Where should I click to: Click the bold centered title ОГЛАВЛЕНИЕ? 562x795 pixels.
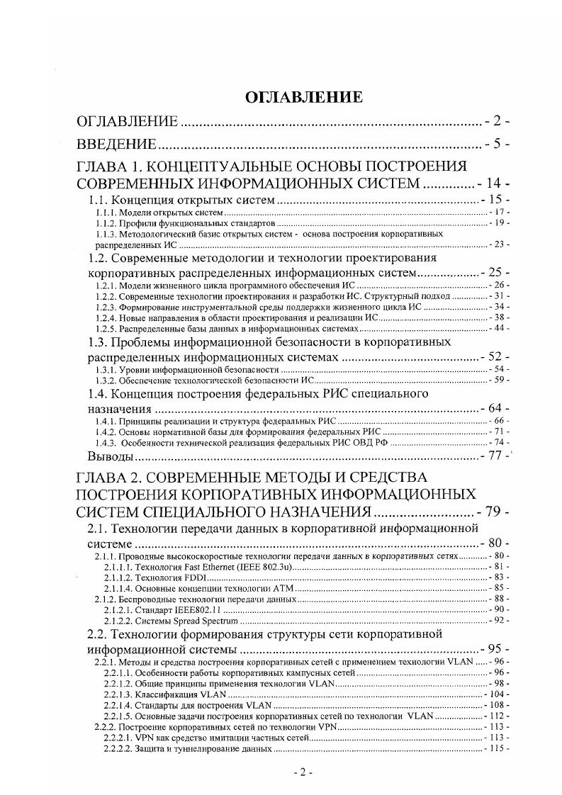pyautogui.click(x=303, y=97)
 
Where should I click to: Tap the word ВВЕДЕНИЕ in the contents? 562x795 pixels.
pyautogui.click(x=116, y=145)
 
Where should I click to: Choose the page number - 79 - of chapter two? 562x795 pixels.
pyautogui.click(x=495, y=512)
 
